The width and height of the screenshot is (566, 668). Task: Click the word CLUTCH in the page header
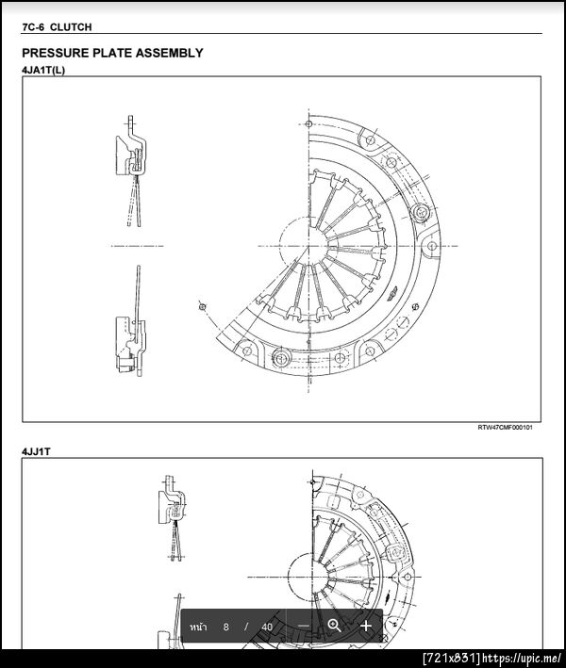71,27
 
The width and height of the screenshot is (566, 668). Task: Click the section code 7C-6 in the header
33,27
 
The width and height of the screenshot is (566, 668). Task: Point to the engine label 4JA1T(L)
43,70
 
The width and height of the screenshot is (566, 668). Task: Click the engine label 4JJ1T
36,451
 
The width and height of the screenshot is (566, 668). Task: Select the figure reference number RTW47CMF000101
505,428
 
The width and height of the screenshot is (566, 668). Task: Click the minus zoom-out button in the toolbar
304,626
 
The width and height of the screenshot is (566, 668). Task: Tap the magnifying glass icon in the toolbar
334,626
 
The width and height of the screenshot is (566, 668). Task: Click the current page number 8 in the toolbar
225,627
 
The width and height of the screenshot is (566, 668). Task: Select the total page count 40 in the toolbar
267,627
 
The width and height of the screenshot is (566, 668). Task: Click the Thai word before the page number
198,627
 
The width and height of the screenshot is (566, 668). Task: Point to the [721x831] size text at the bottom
452,659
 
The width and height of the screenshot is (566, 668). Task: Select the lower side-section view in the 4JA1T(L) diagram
131,321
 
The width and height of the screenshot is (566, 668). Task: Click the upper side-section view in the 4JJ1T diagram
173,517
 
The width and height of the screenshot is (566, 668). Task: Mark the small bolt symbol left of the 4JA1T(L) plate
203,306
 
